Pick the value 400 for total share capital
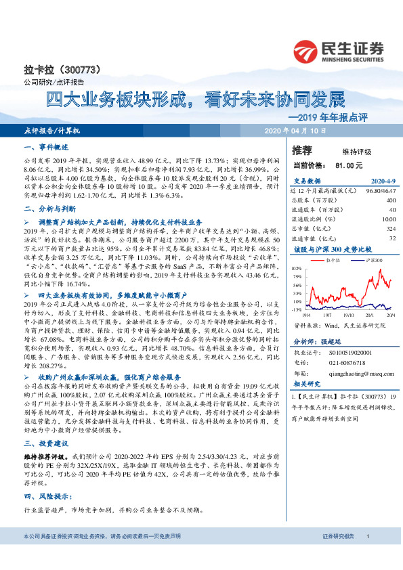[390, 200]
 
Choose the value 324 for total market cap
[390, 229]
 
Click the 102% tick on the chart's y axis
[297, 268]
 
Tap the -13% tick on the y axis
[297, 309]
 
